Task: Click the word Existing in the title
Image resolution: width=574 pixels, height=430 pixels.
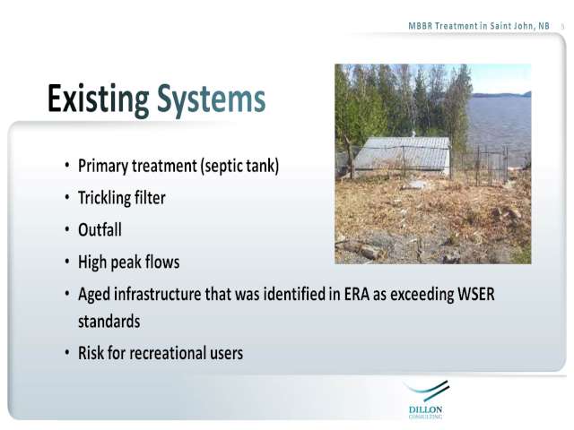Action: pos(99,99)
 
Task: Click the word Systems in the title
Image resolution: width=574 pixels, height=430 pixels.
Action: pos(212,99)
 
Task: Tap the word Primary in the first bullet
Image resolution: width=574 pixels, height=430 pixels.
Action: pos(103,167)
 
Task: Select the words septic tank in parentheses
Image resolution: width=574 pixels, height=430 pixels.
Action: pos(239,166)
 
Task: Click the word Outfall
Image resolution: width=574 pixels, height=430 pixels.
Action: pos(100,230)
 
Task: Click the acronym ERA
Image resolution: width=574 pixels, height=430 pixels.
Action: pos(357,294)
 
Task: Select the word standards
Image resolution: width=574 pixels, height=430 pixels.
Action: pos(109,322)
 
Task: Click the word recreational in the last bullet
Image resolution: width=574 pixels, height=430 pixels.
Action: pos(168,354)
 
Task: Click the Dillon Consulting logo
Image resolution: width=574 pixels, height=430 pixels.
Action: pos(426,400)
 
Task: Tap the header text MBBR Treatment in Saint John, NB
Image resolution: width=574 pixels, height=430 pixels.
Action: pos(479,26)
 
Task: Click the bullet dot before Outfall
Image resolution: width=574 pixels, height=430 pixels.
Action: pos(67,230)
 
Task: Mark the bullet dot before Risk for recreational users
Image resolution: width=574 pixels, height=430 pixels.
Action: pos(67,353)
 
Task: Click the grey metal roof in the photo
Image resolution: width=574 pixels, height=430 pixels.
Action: pos(402,153)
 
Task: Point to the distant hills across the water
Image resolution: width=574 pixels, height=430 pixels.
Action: pos(500,95)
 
